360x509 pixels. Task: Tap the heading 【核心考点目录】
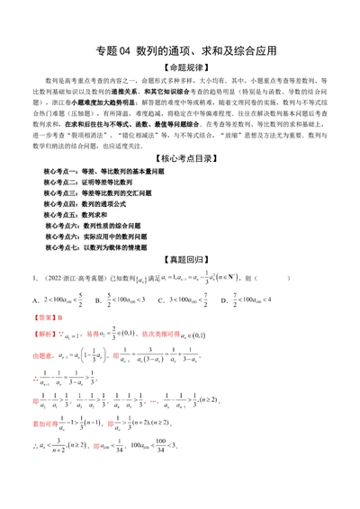pos(179,158)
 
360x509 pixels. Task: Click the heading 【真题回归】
pos(179,258)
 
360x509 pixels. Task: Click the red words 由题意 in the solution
pos(43,356)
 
